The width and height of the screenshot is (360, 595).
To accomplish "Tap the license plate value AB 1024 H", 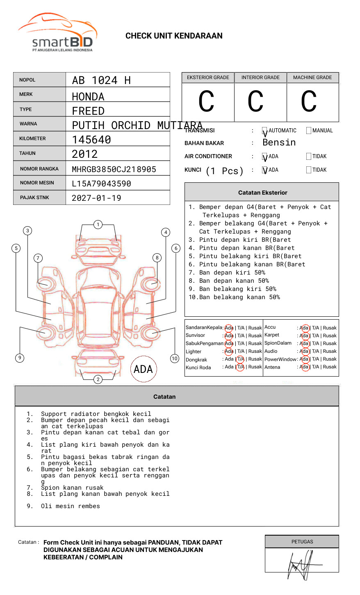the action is (x=101, y=80).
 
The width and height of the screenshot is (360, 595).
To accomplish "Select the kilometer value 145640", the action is (x=91, y=140).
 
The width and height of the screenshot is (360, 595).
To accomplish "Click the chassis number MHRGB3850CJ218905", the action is (x=114, y=169).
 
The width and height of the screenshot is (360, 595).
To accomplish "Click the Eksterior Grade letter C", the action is (x=206, y=101).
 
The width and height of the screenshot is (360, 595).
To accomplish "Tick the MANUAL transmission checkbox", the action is (x=309, y=130).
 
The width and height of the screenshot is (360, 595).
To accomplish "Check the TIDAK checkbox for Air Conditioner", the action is (x=309, y=156).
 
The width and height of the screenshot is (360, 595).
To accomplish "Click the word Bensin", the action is (x=279, y=143).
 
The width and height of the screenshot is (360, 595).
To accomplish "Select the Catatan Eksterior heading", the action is (x=263, y=193).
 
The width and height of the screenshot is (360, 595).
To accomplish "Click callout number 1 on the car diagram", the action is (x=98, y=225).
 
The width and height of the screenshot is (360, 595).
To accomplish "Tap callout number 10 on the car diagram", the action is (x=174, y=359).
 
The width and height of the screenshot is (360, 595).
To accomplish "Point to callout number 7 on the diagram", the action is (x=38, y=258).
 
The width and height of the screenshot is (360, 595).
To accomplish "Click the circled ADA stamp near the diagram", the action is (x=144, y=369).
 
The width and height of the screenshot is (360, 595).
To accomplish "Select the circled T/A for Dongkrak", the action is (x=240, y=359).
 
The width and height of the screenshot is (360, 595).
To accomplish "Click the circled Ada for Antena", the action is (x=305, y=367).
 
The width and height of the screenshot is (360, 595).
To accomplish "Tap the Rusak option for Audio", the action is (x=330, y=351).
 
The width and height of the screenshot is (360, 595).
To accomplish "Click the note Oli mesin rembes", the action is (x=71, y=506).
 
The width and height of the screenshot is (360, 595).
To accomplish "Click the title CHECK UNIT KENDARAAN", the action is (x=174, y=36).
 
